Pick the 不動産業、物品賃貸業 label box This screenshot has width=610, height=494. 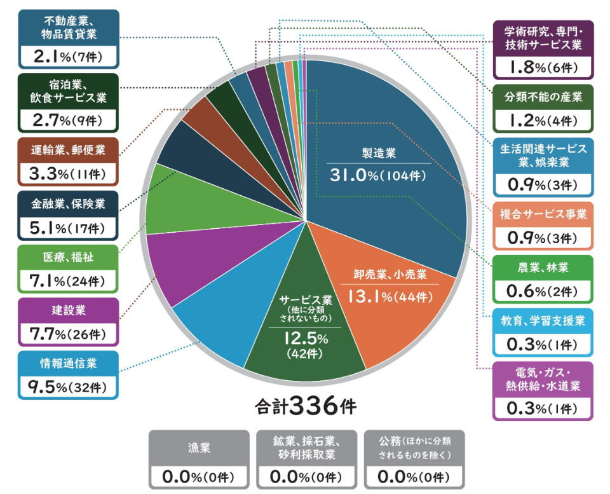tap(69, 39)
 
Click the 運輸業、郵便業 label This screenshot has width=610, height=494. tap(69, 151)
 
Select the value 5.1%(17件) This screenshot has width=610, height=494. tap(69, 227)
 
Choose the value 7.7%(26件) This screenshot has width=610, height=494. tap(69, 333)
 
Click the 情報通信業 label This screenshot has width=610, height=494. tap(69, 364)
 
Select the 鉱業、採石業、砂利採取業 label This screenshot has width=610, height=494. tap(307, 448)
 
